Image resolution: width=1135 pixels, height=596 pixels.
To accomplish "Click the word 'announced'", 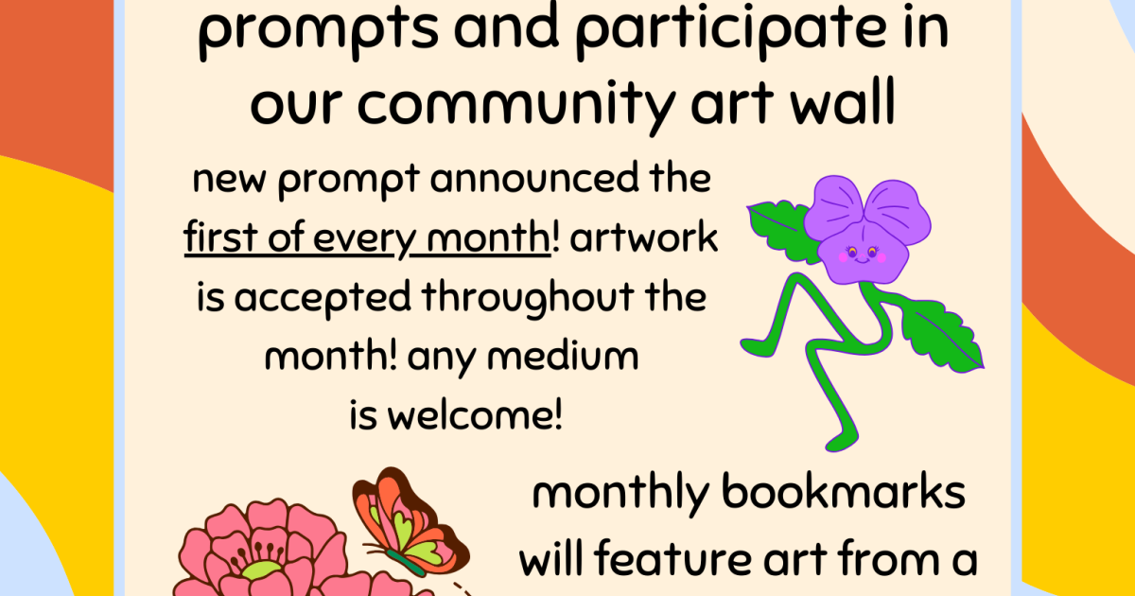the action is tap(534, 179).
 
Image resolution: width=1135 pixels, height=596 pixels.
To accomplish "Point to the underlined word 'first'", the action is tap(222, 237).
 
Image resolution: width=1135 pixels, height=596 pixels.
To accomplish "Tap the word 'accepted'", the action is tap(323, 299).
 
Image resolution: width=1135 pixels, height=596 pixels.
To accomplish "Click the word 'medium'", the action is tap(563, 357).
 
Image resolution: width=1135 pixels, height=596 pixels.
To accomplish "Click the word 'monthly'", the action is tap(620, 495).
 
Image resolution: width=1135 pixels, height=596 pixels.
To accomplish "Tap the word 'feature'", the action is tap(672, 557).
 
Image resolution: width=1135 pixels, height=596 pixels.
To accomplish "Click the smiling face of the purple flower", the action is tap(863, 254).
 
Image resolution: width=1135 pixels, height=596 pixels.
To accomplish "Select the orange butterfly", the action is tap(407, 522).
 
